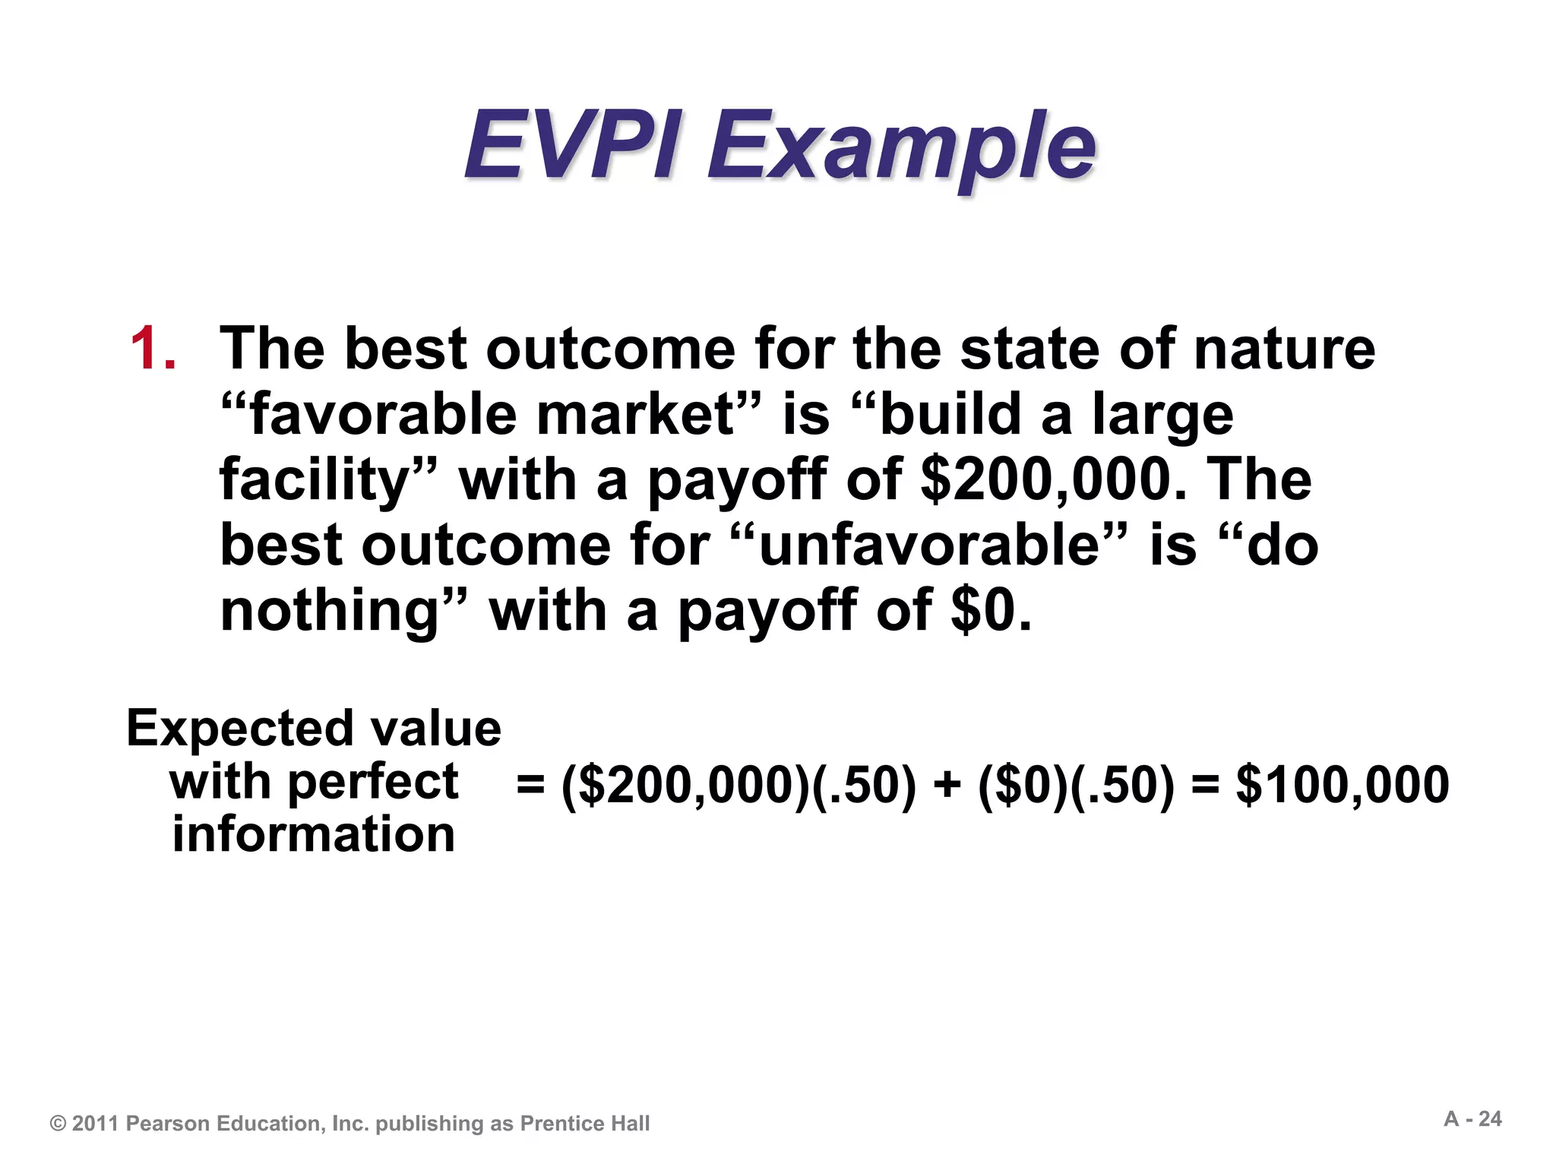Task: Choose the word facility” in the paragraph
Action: pyautogui.click(x=327, y=482)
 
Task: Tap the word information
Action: pyautogui.click(x=313, y=834)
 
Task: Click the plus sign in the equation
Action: pyautogui.click(x=947, y=785)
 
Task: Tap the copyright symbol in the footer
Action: pyautogui.click(x=58, y=1124)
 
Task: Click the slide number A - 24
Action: pyautogui.click(x=1472, y=1119)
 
